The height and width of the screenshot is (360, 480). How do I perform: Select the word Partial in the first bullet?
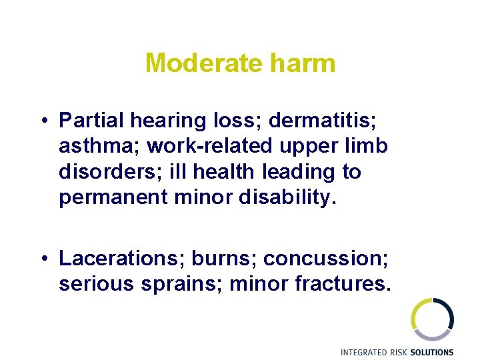click(x=92, y=121)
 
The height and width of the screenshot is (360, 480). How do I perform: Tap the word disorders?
click(x=107, y=172)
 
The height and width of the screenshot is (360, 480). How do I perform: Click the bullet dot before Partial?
click(x=42, y=121)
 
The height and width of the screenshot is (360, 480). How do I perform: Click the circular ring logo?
click(x=432, y=319)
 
